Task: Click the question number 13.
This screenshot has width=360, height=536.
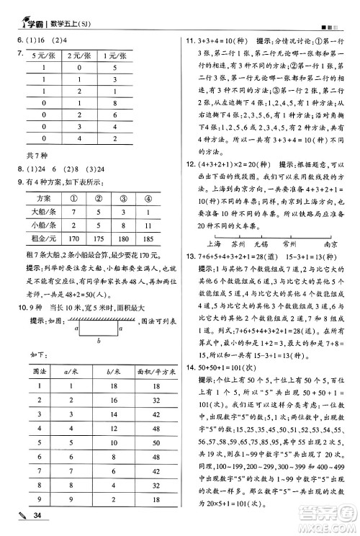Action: point(191,258)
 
